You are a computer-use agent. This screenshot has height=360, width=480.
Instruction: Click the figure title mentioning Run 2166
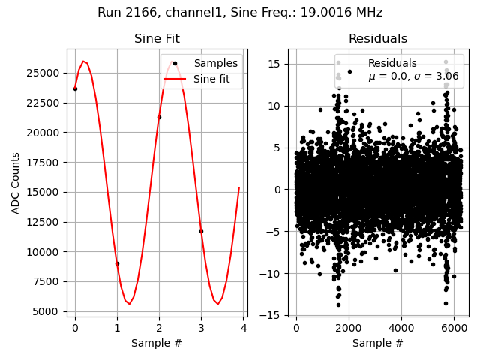coord(240,13)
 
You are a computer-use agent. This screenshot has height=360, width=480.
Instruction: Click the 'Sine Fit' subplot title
coord(157,39)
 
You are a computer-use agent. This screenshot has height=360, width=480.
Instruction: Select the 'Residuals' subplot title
coord(377,39)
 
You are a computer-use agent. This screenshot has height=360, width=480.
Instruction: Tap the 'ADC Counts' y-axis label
coord(16,183)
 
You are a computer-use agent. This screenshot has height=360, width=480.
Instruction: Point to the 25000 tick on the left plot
coord(46,73)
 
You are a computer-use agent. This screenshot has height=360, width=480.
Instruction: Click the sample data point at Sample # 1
coord(117,263)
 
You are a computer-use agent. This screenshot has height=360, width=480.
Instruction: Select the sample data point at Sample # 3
coord(201,231)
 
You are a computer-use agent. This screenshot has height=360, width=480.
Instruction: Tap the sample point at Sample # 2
coord(159,117)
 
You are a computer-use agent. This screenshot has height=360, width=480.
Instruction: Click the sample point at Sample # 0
coord(75,88)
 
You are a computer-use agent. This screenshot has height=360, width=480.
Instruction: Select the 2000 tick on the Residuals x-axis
coord(348,329)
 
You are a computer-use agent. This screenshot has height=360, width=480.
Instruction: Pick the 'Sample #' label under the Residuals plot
coord(377,343)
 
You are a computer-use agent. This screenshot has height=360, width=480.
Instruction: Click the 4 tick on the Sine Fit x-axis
coord(244,329)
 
